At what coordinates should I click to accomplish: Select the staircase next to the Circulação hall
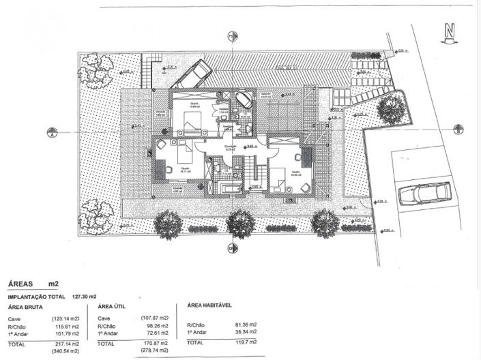pyautogui.click(x=253, y=170)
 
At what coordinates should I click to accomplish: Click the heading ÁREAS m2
pyautogui.click(x=32, y=282)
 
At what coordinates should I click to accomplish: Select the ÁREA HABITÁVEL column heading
pyautogui.click(x=211, y=306)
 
